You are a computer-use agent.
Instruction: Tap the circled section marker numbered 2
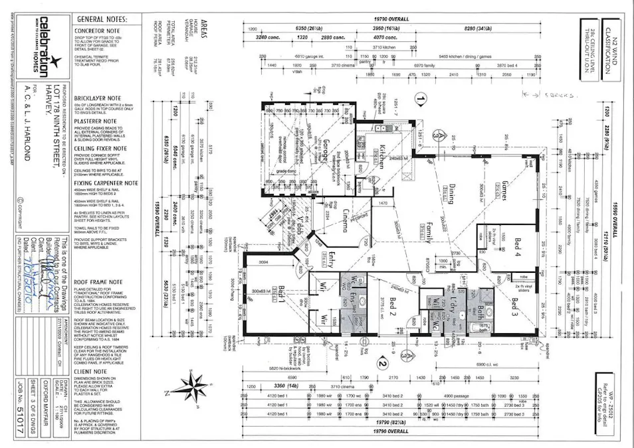[381, 362]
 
